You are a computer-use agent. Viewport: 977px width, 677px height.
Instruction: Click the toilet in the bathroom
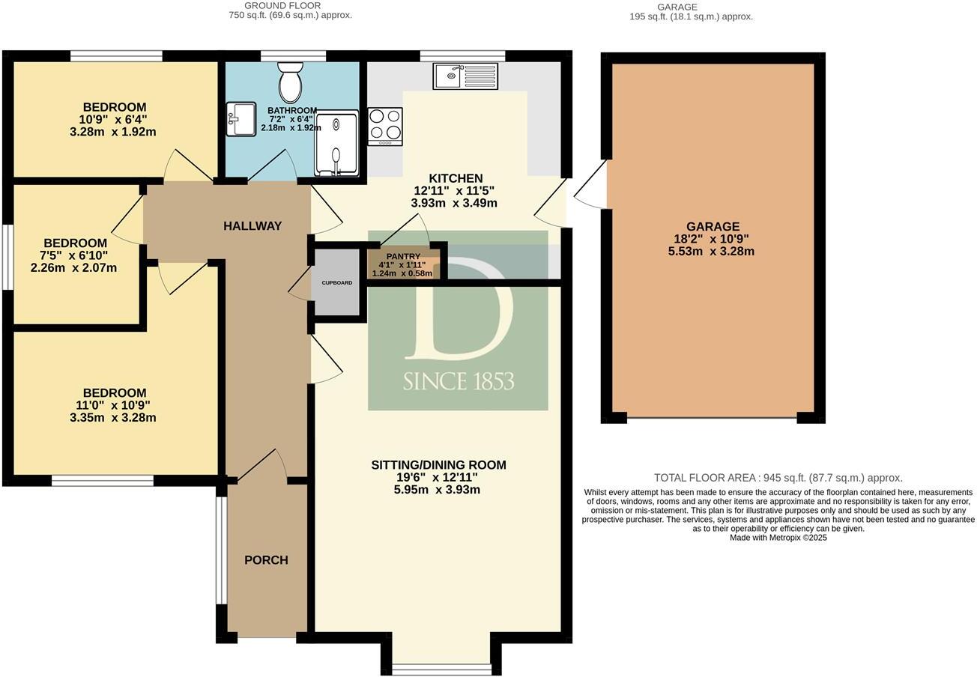coord(291,82)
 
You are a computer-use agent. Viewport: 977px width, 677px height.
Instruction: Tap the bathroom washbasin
coord(241,119)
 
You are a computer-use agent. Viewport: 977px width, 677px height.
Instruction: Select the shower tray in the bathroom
coord(336,145)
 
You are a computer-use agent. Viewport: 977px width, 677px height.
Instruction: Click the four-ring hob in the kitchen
coord(385,127)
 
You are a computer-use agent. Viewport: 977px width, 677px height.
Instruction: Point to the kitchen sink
coord(465,76)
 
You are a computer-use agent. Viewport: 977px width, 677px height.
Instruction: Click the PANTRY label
coord(403,257)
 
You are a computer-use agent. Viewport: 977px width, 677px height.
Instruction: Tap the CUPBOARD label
coord(336,283)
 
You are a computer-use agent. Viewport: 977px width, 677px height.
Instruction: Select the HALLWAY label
coord(252,226)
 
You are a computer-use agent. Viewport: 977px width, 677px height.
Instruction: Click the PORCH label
coord(266,560)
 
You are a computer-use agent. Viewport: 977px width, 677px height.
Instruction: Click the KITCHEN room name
coord(456,178)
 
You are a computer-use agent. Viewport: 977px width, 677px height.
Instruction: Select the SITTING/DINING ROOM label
coord(438,465)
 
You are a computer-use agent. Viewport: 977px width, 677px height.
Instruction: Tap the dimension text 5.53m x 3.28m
coord(711,252)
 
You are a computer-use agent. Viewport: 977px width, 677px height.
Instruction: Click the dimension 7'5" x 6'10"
coord(74,255)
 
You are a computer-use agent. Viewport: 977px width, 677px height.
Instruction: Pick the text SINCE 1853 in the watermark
coord(459,381)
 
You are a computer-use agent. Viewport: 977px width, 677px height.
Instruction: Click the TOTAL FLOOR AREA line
coord(778,478)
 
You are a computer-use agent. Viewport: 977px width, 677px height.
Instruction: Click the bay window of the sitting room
coord(441,667)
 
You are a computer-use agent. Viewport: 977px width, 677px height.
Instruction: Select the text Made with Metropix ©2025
coord(778,538)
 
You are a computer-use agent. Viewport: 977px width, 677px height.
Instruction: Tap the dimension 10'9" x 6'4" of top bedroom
coord(113,120)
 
